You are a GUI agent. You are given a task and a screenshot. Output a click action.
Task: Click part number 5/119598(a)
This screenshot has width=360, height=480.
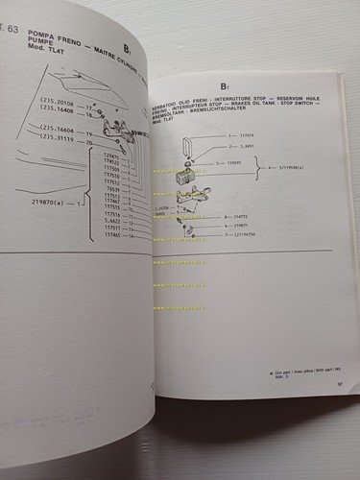pos(308,180)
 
